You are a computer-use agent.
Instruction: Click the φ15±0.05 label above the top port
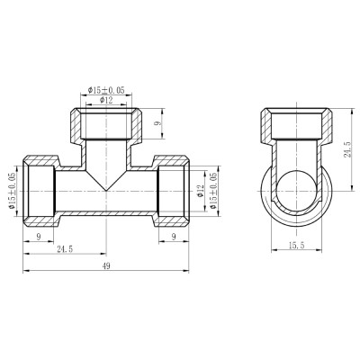107,90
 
